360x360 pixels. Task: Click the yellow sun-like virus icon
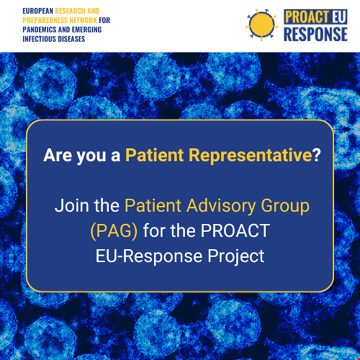click(x=261, y=25)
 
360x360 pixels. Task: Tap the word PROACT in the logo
click(x=307, y=17)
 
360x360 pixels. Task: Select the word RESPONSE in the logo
click(x=316, y=34)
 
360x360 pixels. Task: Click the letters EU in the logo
click(x=338, y=17)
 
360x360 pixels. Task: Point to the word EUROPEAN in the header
click(x=38, y=11)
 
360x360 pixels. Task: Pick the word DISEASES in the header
click(x=71, y=39)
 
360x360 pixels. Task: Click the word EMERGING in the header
click(x=86, y=30)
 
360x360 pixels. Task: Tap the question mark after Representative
click(x=317, y=155)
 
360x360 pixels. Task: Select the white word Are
click(x=58, y=155)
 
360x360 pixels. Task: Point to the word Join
click(x=72, y=206)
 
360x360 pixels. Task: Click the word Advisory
click(x=221, y=206)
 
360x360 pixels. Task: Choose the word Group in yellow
click(x=285, y=206)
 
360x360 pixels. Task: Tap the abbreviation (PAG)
click(x=114, y=231)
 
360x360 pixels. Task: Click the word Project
click(x=236, y=257)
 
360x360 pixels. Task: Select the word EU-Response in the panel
click(x=149, y=256)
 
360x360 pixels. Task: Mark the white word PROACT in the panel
click(x=236, y=231)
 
